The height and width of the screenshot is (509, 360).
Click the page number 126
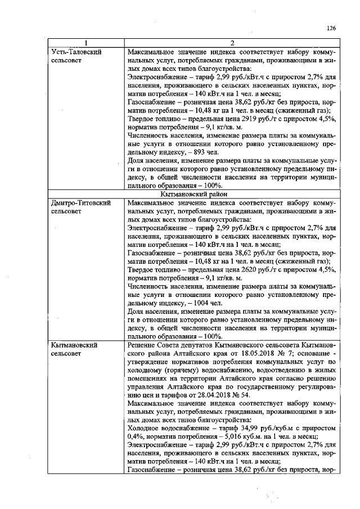tap(331, 29)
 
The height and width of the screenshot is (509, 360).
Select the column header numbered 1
tap(85, 43)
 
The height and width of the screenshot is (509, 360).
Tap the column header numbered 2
tap(232, 43)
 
